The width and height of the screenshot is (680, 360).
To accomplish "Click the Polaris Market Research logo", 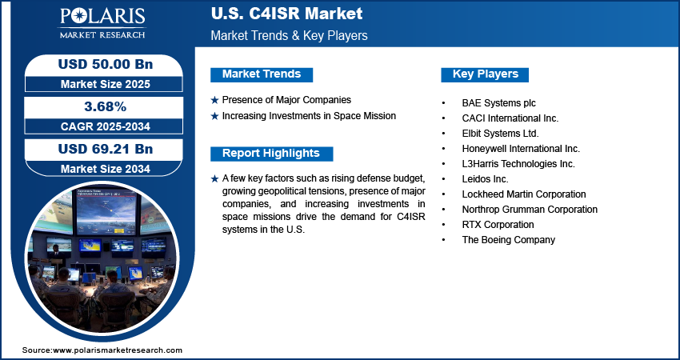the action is (102, 22).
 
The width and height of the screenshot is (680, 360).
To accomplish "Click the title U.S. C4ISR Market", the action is (286, 14).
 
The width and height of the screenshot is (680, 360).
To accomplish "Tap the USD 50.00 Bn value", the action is (106, 64).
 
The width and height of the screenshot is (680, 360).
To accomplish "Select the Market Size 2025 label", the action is (106, 84).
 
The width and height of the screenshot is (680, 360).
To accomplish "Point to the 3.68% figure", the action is (106, 106).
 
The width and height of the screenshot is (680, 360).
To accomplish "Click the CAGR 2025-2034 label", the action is (106, 126).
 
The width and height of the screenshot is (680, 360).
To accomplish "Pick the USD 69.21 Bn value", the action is (106, 149).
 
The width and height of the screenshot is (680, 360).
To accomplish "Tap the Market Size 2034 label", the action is (106, 169).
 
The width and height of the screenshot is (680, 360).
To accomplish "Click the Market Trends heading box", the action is (262, 74).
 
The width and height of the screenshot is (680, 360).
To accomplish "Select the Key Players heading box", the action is (485, 74).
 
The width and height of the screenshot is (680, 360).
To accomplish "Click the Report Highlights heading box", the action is (271, 154).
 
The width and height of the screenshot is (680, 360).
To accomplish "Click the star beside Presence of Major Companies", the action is (214, 100).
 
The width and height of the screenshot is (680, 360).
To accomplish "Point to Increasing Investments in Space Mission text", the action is (309, 116).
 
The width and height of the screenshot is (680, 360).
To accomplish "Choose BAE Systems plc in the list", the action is (498, 103).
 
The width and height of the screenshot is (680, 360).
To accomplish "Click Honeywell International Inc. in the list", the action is (521, 149).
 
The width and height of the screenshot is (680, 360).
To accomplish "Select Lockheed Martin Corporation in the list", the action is (524, 194).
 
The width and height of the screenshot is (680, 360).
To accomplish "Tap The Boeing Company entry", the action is (508, 240).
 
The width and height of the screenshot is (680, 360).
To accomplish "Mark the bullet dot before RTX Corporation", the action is (443, 225).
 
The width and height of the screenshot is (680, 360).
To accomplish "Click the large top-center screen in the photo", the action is (106, 212).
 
